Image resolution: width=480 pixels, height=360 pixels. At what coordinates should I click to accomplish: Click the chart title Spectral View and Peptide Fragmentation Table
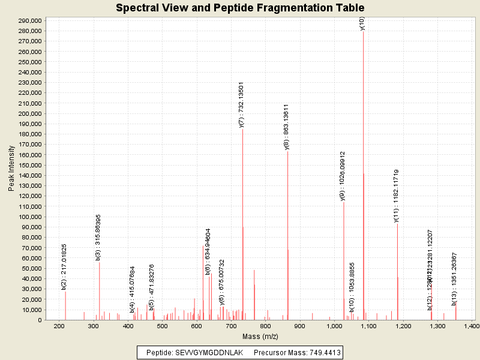[x=240, y=8]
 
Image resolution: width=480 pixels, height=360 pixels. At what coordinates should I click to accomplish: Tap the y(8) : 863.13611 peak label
[x=286, y=127]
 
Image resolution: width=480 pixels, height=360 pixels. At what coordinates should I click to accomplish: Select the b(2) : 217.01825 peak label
[x=64, y=267]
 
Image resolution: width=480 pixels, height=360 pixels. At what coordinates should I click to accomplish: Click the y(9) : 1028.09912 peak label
[x=342, y=176]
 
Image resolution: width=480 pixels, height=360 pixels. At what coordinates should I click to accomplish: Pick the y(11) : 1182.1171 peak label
[x=396, y=196]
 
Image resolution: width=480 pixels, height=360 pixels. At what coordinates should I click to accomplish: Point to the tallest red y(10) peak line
[x=363, y=180]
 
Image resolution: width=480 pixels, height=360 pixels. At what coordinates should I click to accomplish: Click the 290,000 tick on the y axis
[x=29, y=20]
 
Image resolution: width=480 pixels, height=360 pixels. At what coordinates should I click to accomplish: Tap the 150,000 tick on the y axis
[x=29, y=165]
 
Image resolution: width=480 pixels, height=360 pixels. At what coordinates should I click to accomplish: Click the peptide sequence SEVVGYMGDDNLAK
[x=209, y=353]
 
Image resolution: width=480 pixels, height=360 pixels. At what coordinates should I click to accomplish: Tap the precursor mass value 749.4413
[x=321, y=353]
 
